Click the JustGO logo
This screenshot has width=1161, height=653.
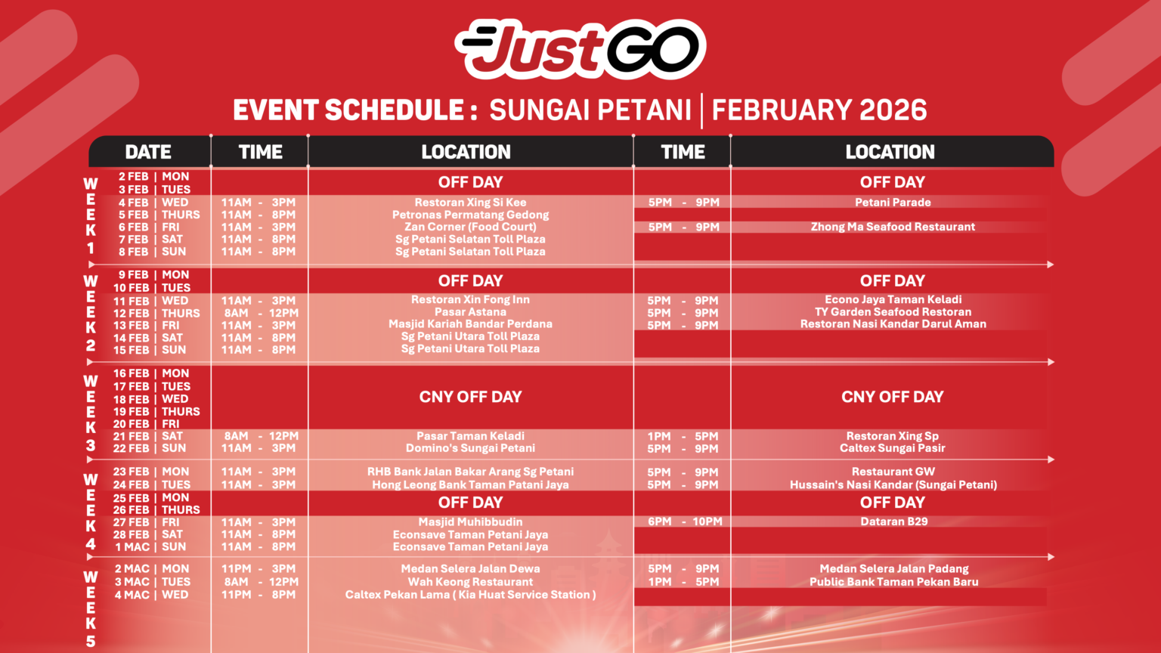pyautogui.click(x=580, y=50)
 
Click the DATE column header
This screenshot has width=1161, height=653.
pyautogui.click(x=148, y=152)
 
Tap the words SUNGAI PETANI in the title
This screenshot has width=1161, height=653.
pyautogui.click(x=590, y=110)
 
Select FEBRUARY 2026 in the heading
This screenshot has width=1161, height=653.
pyautogui.click(x=819, y=110)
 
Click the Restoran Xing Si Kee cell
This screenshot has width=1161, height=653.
pyautogui.click(x=470, y=203)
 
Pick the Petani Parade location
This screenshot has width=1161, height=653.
pyautogui.click(x=893, y=203)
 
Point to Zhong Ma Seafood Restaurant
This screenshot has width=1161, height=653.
pyautogui.click(x=893, y=227)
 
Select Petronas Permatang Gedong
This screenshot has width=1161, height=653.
pyautogui.click(x=470, y=215)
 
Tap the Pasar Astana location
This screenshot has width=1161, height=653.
pyautogui.click(x=470, y=312)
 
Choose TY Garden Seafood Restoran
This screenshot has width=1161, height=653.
pyautogui.click(x=893, y=312)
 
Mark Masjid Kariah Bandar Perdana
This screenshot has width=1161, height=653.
pyautogui.click(x=470, y=324)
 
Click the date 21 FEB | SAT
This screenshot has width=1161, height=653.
pyautogui.click(x=147, y=436)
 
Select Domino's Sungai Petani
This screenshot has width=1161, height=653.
pyautogui.click(x=470, y=448)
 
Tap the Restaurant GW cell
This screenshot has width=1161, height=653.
pyautogui.click(x=893, y=472)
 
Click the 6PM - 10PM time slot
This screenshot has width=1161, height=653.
pyautogui.click(x=685, y=522)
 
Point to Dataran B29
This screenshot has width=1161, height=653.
pyautogui.click(x=894, y=522)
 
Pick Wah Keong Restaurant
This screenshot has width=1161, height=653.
pyautogui.click(x=470, y=582)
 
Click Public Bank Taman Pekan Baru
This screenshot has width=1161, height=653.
pyautogui.click(x=894, y=582)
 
